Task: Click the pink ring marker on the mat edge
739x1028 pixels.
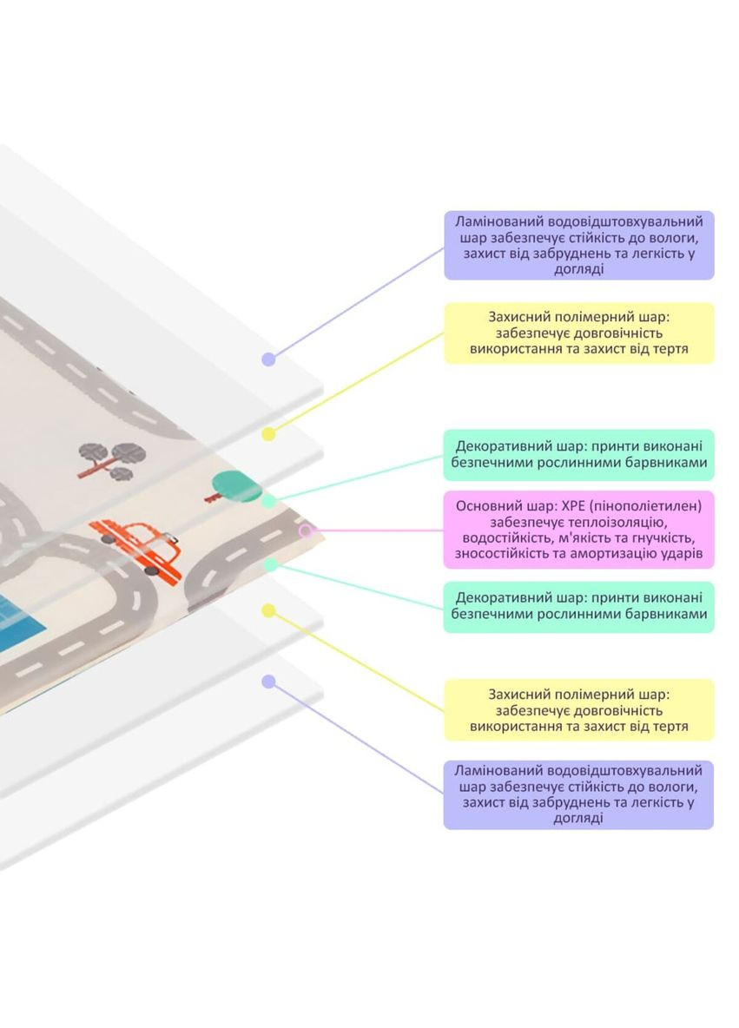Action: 305,530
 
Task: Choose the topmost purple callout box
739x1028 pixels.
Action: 578,245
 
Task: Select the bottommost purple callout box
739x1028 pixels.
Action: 578,794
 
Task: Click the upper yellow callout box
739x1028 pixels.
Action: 578,333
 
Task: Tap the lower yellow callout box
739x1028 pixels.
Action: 578,709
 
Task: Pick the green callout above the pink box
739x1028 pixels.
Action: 578,455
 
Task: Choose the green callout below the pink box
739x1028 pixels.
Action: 578,606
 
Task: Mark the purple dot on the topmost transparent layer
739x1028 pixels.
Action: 268,359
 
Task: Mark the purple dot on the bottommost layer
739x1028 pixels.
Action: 268,682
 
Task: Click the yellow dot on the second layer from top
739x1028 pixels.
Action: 268,432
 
